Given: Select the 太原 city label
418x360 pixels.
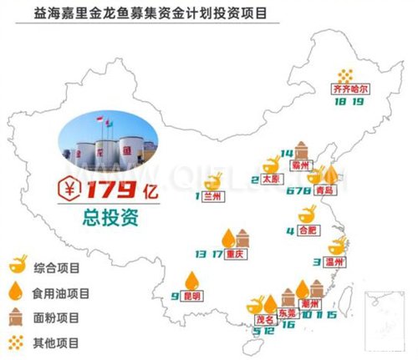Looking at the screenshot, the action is tap(269, 179).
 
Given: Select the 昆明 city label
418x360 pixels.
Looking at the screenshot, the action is tap(193, 296).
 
